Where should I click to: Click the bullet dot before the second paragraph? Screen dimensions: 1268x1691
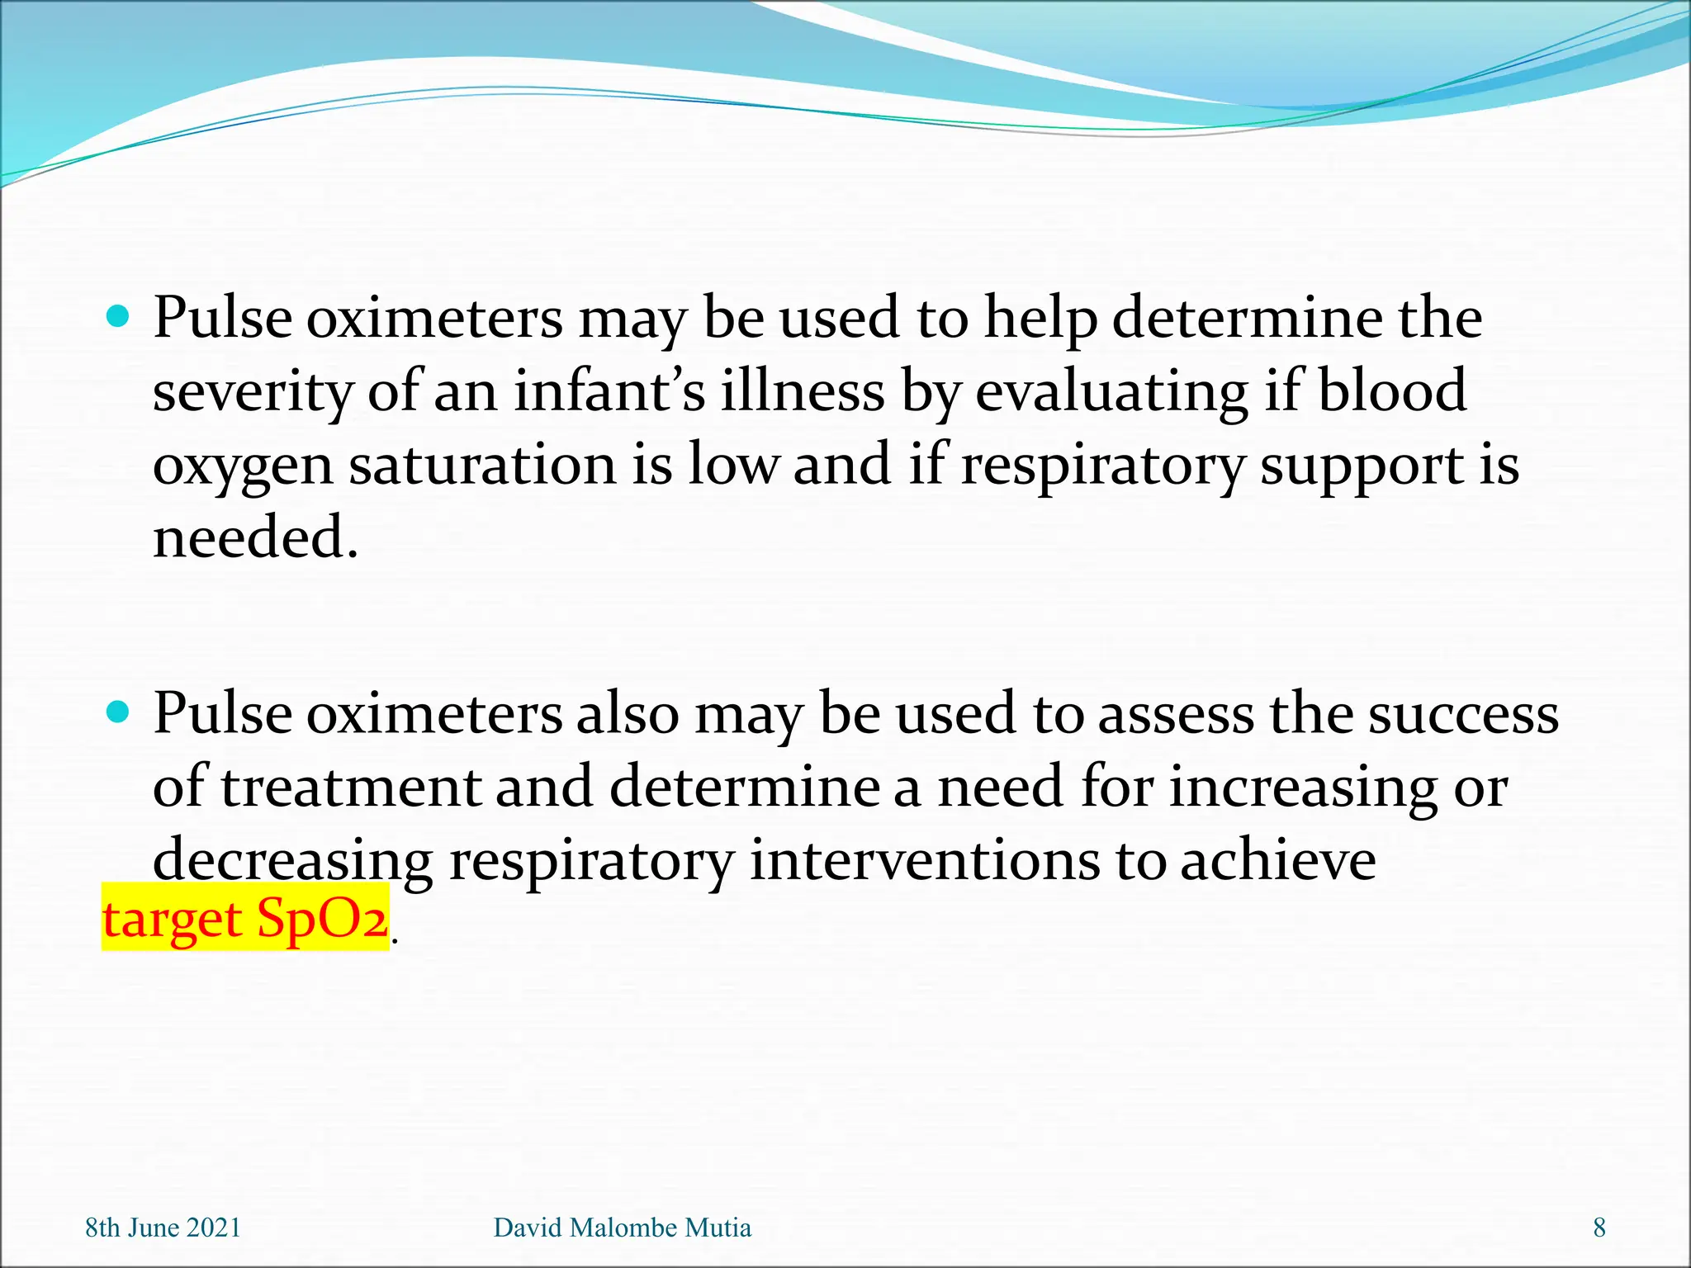click(x=119, y=712)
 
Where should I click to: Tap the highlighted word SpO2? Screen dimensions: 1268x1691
click(x=322, y=918)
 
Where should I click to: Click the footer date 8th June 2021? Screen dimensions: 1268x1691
click(x=163, y=1228)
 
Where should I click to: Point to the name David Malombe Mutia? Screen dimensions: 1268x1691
click(x=622, y=1228)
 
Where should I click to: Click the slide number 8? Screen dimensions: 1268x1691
click(x=1599, y=1228)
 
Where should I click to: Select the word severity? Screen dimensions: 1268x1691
click(x=253, y=393)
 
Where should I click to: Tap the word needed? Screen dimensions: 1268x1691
click(x=255, y=537)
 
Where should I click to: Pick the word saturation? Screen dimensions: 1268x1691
click(x=483, y=465)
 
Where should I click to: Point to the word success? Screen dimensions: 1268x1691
click(x=1463, y=713)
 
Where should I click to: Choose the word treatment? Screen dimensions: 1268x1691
click(x=350, y=787)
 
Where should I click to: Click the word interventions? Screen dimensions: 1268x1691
click(x=925, y=860)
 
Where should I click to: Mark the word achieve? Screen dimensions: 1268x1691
click(x=1277, y=860)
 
